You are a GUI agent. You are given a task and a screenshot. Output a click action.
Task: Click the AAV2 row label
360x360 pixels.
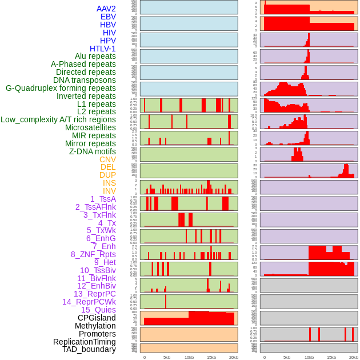click(106, 9)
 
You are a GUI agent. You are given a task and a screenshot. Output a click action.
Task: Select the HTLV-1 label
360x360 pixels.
click(102, 49)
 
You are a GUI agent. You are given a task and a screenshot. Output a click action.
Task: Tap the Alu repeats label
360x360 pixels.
click(95, 56)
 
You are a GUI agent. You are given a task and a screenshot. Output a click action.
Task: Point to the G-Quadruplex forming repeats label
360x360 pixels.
click(61, 88)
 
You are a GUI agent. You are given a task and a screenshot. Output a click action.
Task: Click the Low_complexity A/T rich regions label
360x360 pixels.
click(58, 119)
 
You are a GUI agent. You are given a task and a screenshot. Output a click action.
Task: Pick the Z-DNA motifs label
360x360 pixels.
click(92, 151)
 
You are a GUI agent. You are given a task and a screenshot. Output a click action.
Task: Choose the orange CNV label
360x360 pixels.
click(107, 159)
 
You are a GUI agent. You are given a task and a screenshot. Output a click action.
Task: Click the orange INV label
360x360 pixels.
click(109, 191)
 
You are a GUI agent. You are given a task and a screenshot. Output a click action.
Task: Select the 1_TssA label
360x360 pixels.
click(103, 199)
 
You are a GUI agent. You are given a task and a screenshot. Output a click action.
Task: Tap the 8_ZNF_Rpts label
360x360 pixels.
click(93, 254)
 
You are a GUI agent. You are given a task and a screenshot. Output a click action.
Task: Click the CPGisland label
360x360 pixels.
click(97, 318)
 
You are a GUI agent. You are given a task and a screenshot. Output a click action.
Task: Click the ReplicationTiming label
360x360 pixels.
click(85, 342)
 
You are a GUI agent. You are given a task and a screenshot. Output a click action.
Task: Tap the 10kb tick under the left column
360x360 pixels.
click(189, 357)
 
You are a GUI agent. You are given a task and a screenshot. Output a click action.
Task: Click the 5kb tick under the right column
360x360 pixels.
click(287, 357)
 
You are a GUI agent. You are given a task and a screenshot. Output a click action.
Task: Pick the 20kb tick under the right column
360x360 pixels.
click(354, 357)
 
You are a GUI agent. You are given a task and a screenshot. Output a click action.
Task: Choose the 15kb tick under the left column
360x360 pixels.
click(211, 357)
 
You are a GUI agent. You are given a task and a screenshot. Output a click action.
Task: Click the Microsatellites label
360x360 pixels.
click(90, 127)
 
